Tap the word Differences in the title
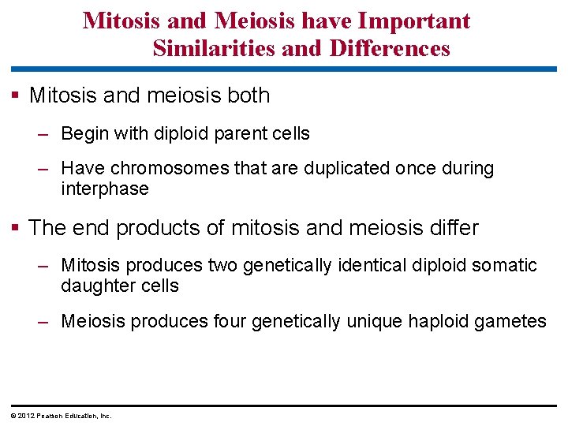(x=390, y=49)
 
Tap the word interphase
(x=104, y=189)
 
